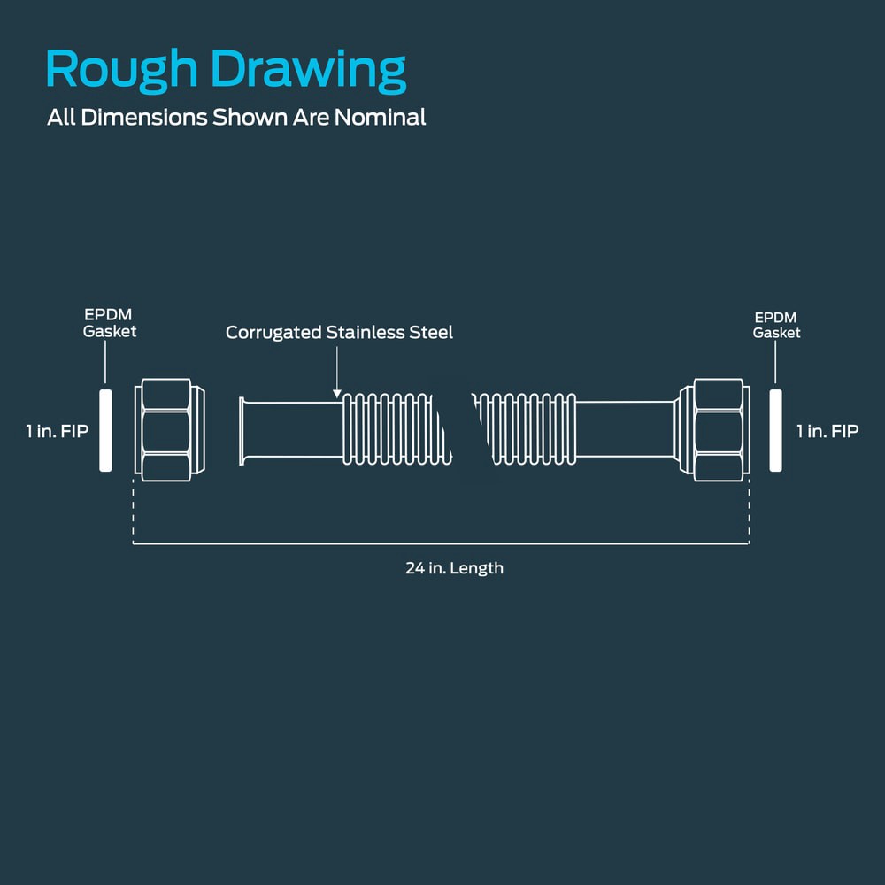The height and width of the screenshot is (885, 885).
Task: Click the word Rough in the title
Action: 121,70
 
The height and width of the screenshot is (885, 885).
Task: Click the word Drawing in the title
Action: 308,70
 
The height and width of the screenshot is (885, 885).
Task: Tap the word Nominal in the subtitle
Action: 380,118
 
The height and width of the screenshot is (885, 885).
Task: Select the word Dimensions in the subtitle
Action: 144,118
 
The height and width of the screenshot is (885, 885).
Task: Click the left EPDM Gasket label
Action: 110,323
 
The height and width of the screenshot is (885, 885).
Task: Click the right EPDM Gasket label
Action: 776,325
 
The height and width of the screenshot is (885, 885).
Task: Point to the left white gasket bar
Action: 105,430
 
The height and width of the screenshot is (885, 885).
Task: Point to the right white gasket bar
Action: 775,430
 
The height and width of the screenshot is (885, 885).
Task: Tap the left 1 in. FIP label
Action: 57,431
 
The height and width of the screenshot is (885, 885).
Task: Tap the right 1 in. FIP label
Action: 827,431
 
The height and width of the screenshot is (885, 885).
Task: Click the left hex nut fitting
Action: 169,430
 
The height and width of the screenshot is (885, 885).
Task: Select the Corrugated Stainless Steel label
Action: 339,333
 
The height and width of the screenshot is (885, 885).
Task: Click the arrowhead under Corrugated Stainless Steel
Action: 337,394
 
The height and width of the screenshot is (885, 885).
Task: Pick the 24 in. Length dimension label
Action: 454,568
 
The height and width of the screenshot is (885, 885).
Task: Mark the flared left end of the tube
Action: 242,431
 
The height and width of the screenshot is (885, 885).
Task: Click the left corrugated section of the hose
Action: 396,429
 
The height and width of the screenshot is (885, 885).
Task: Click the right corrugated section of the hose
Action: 524,429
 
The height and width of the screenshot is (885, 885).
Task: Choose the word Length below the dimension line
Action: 479,568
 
